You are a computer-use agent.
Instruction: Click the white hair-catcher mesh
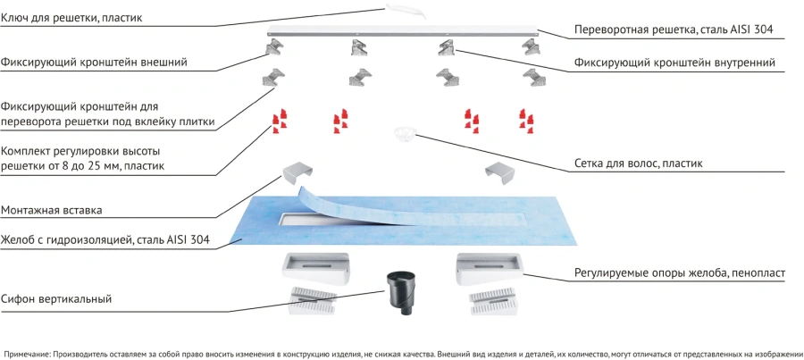[405, 135]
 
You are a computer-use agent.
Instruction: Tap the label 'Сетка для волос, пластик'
[638, 163]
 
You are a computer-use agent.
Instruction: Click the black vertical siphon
[399, 296]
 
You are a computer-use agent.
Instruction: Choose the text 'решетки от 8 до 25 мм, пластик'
[88, 166]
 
